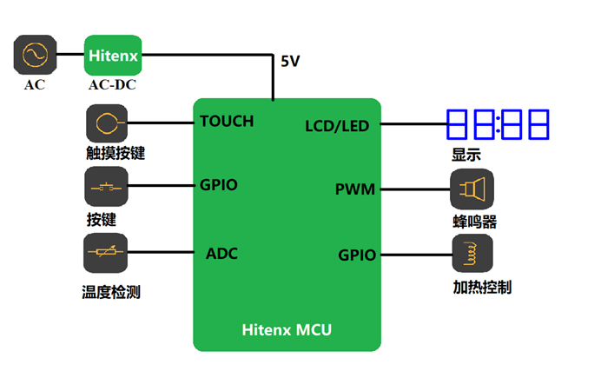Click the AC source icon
pos(36,55)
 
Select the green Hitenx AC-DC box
pos(112,56)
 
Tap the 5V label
pos(290,62)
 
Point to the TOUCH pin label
pos(227,121)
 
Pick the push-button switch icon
pos(106,188)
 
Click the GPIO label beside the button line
pos(219,185)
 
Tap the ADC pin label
pos(221,254)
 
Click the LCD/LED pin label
pos(337,126)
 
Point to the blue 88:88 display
pos(498,124)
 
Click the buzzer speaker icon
pos(472,189)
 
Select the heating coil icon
pos(472,254)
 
